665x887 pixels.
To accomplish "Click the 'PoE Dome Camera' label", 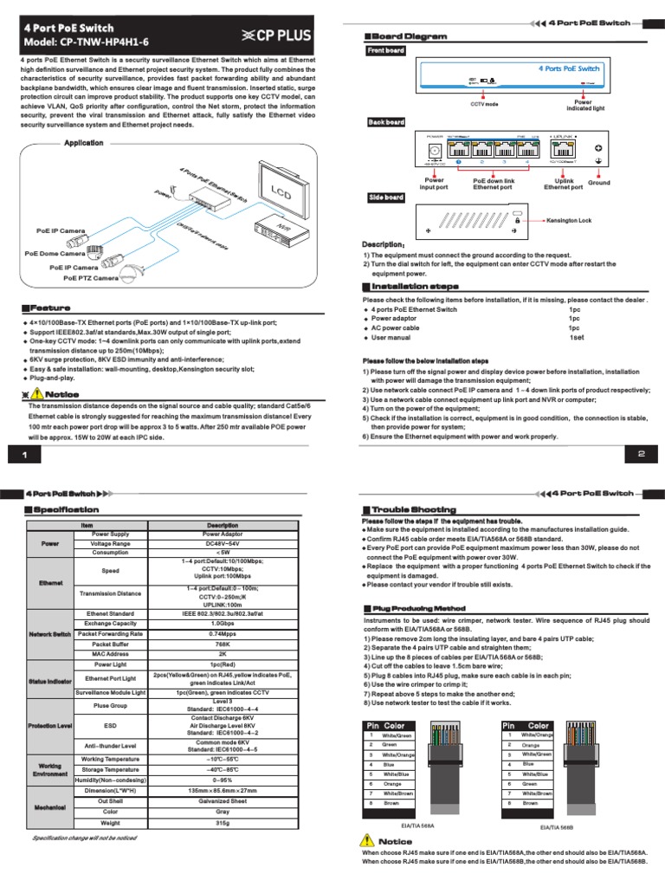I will tap(55, 254).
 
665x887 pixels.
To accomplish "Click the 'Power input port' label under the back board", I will tap(433, 185).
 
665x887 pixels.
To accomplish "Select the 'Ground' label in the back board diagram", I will tap(599, 184).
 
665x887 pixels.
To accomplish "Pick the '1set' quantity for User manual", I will tap(575, 338).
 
